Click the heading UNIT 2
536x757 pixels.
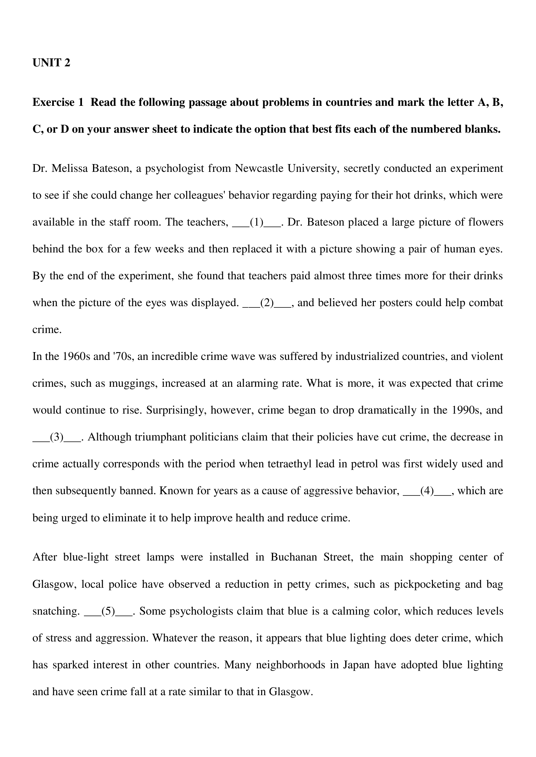point(51,63)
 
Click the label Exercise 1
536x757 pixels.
point(58,103)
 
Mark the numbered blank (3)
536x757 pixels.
point(56,437)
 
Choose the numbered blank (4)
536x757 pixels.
point(427,491)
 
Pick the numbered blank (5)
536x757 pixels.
point(108,611)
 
